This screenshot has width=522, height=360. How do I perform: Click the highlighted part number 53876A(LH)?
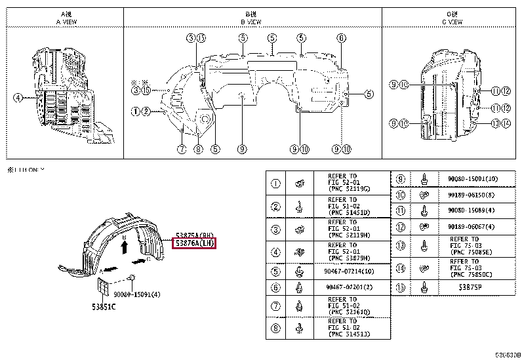click(x=194, y=243)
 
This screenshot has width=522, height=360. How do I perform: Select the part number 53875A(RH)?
click(x=195, y=234)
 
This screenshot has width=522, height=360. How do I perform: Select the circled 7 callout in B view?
click(x=182, y=149)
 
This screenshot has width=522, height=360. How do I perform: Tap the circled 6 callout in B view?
click(x=341, y=38)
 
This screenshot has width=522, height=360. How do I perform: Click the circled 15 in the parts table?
click(x=402, y=288)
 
